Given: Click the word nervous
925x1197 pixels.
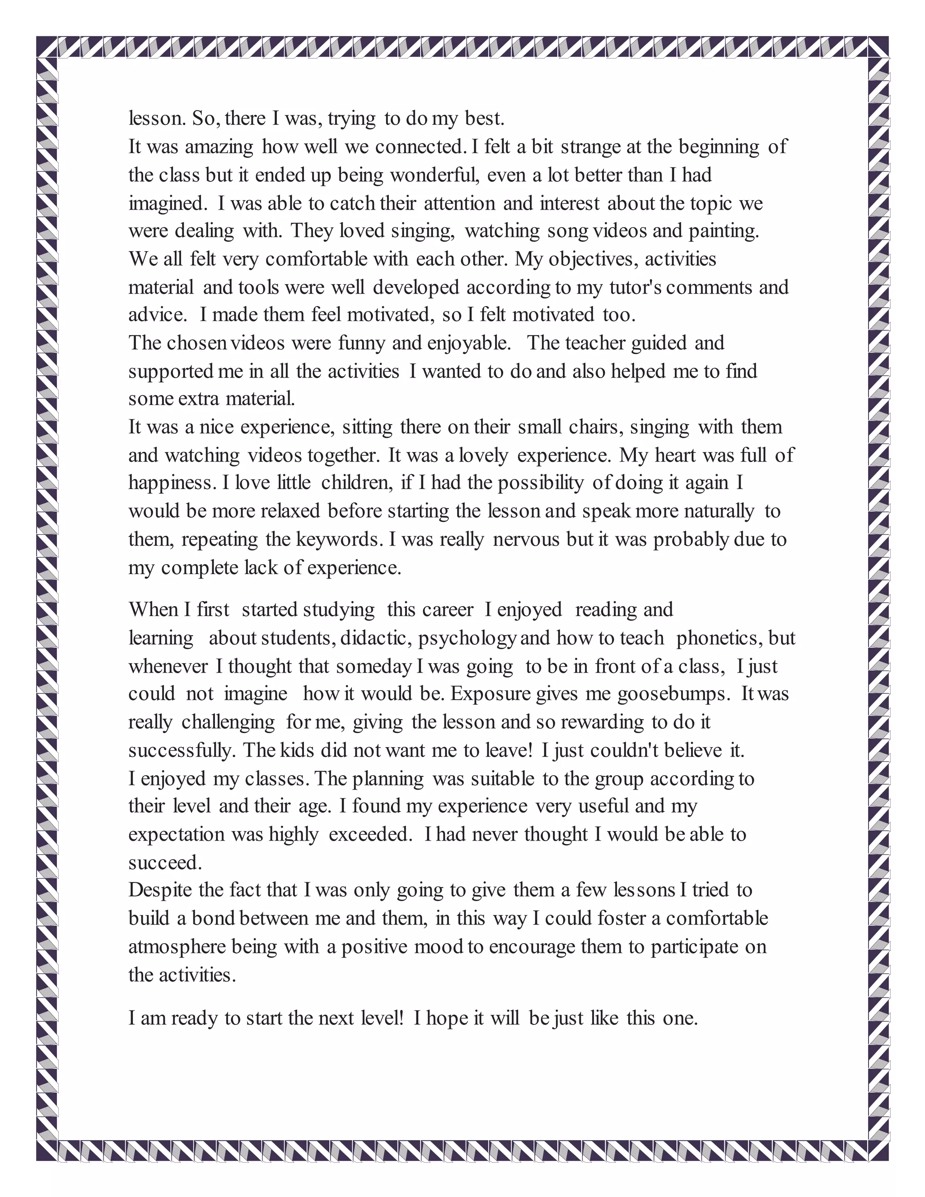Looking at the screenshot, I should pos(526,540).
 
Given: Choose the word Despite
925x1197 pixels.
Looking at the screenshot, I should pos(160,891).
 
